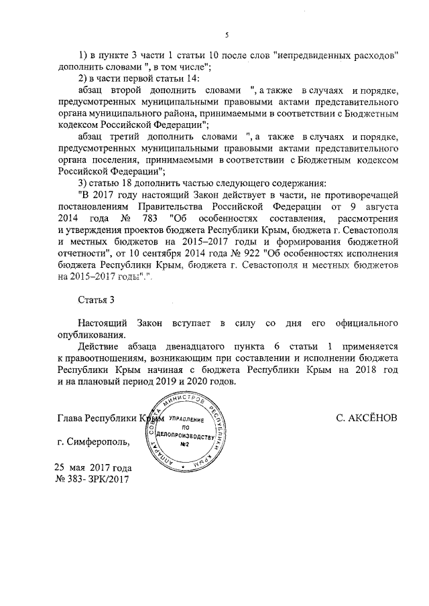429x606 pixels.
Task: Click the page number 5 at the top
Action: [x=227, y=35]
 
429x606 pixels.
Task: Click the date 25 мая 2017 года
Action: [x=93, y=467]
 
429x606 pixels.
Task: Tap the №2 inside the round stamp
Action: [x=188, y=445]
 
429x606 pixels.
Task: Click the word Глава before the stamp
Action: [x=72, y=417]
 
